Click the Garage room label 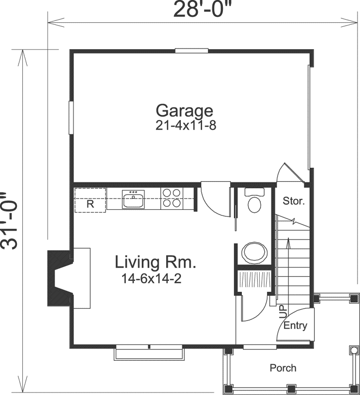(184, 111)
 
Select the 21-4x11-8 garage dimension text (186, 126)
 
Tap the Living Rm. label (155, 262)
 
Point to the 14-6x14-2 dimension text (151, 279)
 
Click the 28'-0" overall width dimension (203, 10)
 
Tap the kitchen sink (133, 200)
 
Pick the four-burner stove (171, 198)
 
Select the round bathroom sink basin (255, 252)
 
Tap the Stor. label (293, 201)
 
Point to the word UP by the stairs (283, 311)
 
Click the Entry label (295, 326)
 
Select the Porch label (283, 368)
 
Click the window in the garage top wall (191, 50)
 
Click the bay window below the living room (149, 353)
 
